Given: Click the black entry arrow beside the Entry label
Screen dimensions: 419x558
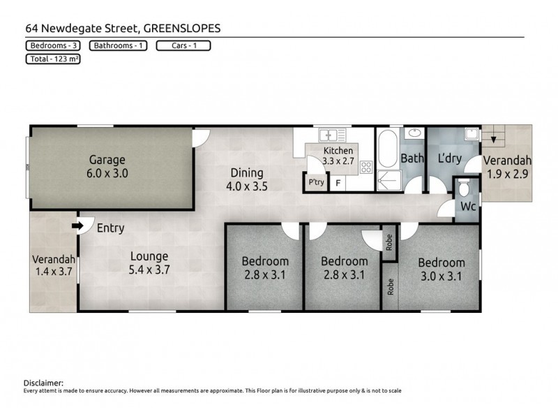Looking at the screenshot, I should (77, 226).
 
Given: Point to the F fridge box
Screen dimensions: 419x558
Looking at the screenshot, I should (338, 184).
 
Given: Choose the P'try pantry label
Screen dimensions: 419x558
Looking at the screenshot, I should (315, 183).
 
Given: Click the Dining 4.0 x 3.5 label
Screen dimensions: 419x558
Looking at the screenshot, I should (243, 179).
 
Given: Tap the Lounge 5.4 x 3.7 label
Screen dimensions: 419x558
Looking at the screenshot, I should (150, 263).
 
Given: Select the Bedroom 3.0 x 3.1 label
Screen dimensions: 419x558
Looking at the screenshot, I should (441, 269).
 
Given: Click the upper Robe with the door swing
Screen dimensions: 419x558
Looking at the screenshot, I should (389, 242).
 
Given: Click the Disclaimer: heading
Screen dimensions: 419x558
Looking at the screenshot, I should (43, 383).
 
